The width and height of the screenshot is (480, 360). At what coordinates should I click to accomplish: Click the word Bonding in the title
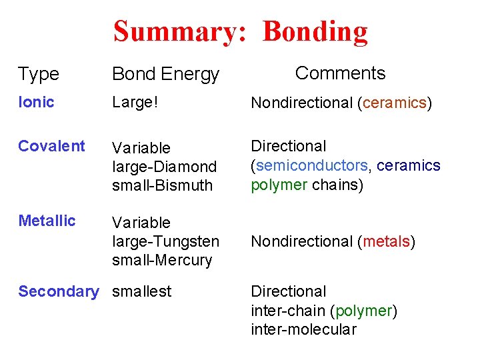pyautogui.click(x=315, y=31)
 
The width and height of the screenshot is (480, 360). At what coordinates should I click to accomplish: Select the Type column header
pyautogui.click(x=39, y=74)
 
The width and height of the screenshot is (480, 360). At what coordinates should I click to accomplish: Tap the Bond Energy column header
pyautogui.click(x=165, y=74)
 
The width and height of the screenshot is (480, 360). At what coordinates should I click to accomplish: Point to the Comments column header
pyautogui.click(x=340, y=73)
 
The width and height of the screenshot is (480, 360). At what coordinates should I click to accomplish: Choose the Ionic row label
pyautogui.click(x=36, y=102)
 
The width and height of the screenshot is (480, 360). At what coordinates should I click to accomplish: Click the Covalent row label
pyautogui.click(x=51, y=146)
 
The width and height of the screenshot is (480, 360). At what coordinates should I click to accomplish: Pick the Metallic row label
pyautogui.click(x=47, y=221)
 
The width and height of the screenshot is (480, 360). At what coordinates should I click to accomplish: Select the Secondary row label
pyautogui.click(x=58, y=291)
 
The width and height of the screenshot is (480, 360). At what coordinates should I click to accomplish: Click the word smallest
pyautogui.click(x=141, y=291)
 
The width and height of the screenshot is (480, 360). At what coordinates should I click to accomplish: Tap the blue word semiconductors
pyautogui.click(x=312, y=165)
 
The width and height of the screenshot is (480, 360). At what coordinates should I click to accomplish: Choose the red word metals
pyautogui.click(x=386, y=241)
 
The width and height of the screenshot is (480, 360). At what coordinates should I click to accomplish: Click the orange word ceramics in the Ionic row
pyautogui.click(x=394, y=103)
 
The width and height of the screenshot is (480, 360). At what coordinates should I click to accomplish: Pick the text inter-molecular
pyautogui.click(x=303, y=329)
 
